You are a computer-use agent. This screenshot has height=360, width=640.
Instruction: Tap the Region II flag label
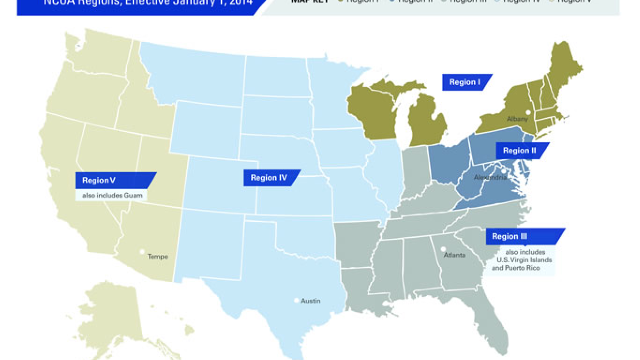[x=519, y=151]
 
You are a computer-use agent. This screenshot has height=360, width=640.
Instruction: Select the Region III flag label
[x=509, y=236]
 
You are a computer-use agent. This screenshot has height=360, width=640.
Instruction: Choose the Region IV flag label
[x=269, y=178]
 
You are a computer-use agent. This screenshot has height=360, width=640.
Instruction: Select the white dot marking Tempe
[x=142, y=252]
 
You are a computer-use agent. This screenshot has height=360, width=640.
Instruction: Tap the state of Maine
[x=565, y=70]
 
